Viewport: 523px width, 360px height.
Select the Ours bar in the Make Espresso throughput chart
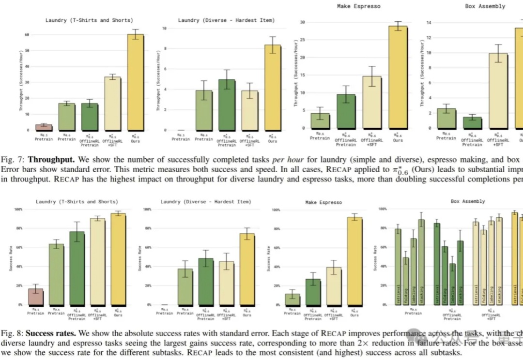[x=398, y=77]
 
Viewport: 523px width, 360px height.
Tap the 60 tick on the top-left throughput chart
[x=27, y=35]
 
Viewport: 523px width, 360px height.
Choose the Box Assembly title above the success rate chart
[x=467, y=201]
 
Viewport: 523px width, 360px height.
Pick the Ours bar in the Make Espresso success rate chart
[x=354, y=261]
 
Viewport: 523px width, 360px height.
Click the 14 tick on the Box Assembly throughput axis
[x=429, y=22]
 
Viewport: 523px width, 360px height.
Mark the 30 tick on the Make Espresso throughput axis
[x=302, y=22]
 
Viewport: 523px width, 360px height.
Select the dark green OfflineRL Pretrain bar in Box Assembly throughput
[x=472, y=122]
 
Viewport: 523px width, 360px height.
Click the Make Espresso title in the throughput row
[x=358, y=6]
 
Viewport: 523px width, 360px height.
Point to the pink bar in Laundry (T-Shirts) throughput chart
[x=44, y=127]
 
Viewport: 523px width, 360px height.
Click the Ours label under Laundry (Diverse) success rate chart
[x=247, y=315]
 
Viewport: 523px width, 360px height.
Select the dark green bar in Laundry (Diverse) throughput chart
[x=227, y=105]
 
